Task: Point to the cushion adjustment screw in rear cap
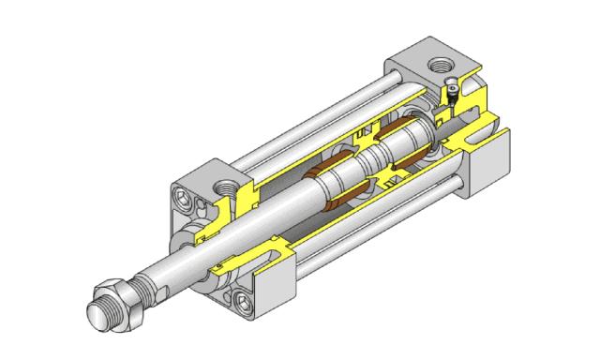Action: click(x=451, y=94)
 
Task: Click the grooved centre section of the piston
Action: click(x=368, y=159)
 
